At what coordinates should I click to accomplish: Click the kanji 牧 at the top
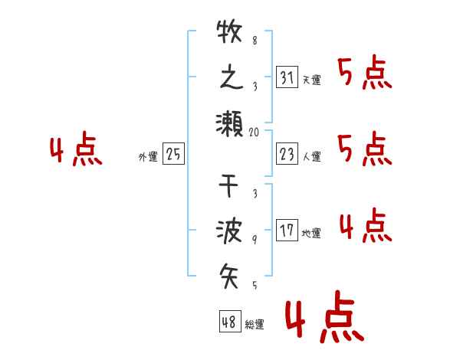pyautogui.click(x=229, y=33)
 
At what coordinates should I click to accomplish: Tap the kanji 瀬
pyautogui.click(x=229, y=123)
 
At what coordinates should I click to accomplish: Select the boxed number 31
pyautogui.click(x=286, y=78)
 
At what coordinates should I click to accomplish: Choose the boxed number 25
pyautogui.click(x=173, y=155)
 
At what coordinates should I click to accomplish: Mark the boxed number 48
pyautogui.click(x=229, y=322)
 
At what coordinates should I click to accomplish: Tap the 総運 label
pyautogui.click(x=255, y=325)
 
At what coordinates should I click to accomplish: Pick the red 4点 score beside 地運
pyautogui.click(x=364, y=227)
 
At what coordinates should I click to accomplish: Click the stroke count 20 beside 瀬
pyautogui.click(x=255, y=132)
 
